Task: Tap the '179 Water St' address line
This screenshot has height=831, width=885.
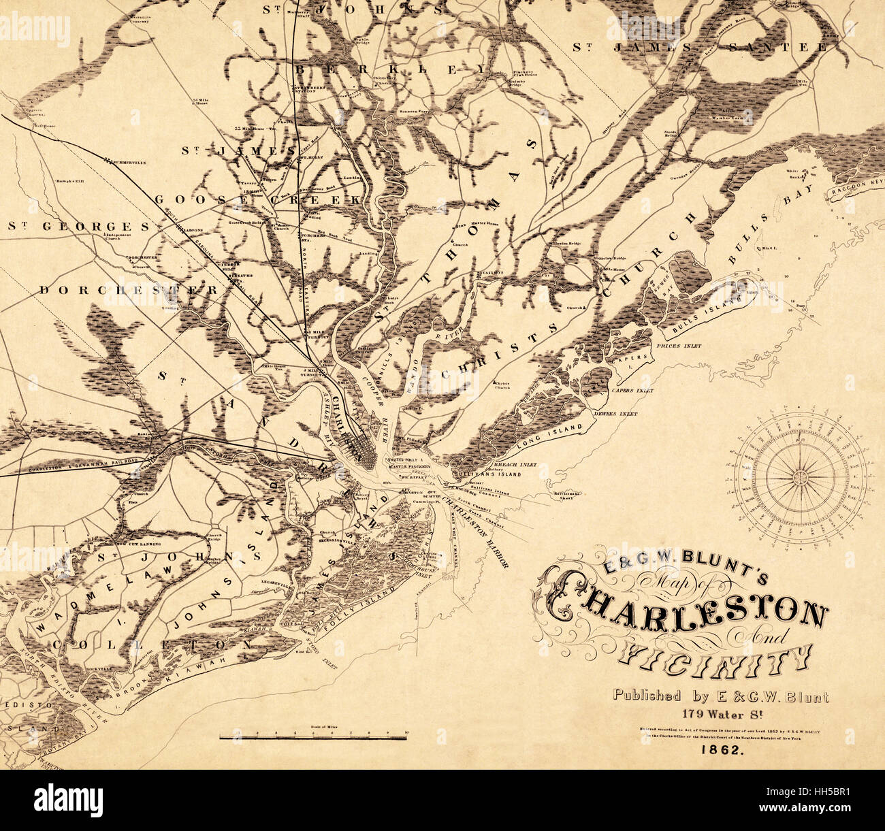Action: coord(721,714)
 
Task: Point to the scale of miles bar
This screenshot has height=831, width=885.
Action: coord(313,736)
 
